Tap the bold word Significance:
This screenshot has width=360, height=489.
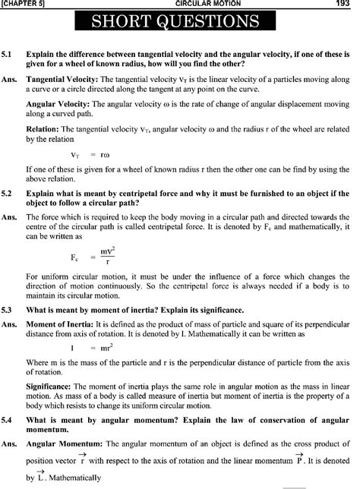49,383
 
